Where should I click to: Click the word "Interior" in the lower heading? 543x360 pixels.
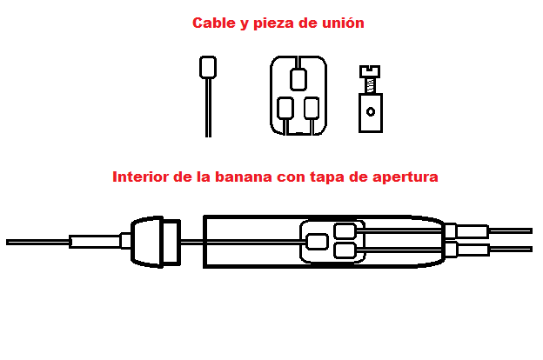click(x=140, y=177)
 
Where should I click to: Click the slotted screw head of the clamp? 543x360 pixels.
click(x=370, y=71)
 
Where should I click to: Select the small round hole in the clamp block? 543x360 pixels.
click(x=371, y=112)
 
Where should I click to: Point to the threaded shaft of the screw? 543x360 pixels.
click(x=370, y=85)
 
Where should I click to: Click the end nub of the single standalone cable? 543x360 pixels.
click(x=208, y=67)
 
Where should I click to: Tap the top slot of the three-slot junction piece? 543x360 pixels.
click(x=298, y=80)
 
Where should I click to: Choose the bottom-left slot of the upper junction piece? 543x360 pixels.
click(x=285, y=109)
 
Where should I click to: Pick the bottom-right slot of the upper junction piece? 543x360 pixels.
click(x=312, y=109)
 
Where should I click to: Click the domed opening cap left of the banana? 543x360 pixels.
click(x=156, y=242)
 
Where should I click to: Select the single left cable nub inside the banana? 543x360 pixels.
click(x=318, y=242)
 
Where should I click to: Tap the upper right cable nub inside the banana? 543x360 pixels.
click(x=345, y=231)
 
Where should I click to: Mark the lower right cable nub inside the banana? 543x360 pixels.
click(x=345, y=250)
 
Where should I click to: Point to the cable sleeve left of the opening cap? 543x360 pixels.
click(x=95, y=241)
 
